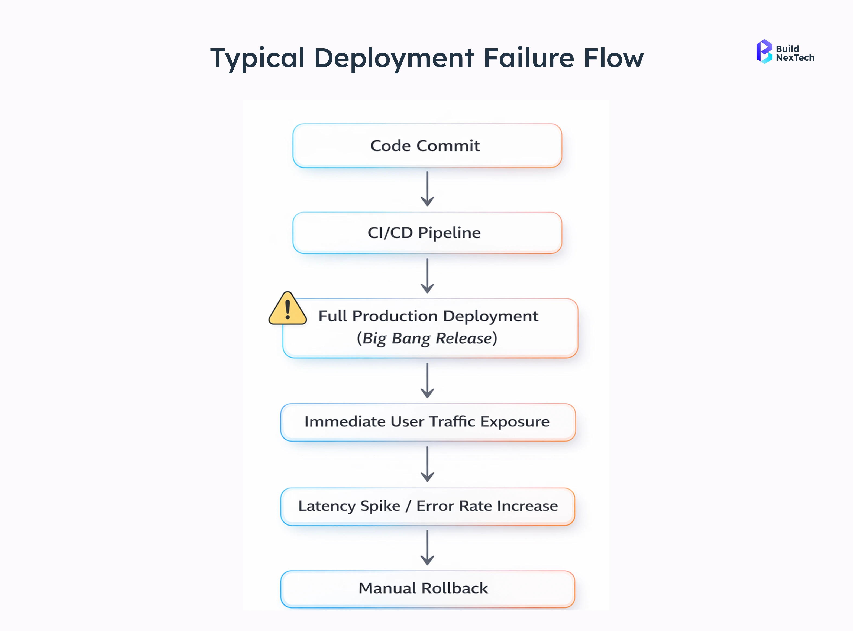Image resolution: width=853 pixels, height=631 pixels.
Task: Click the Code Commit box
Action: click(x=427, y=146)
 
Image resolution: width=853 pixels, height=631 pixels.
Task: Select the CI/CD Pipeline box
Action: click(x=427, y=233)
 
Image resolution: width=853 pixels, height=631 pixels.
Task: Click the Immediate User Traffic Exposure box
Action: click(x=428, y=422)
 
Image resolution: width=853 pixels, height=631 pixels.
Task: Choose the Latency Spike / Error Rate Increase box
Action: click(x=428, y=506)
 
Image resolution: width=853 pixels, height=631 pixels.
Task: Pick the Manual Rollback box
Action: click(x=428, y=588)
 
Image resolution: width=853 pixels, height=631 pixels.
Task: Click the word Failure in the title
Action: click(x=529, y=58)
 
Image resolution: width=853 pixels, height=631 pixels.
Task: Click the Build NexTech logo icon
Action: click(x=764, y=51)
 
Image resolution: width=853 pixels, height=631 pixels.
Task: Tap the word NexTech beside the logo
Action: click(x=795, y=58)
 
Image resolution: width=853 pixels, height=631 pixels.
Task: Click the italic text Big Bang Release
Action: click(x=427, y=339)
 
